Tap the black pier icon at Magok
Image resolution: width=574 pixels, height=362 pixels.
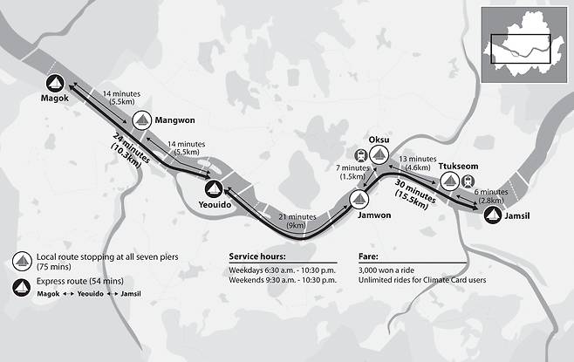55,84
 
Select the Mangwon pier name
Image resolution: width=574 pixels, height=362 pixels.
175,122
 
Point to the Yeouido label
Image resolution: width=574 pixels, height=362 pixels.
210,206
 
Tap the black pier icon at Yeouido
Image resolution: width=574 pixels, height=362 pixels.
212,188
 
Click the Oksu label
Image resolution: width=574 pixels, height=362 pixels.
379,139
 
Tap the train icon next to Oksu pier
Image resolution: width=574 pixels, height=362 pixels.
362,155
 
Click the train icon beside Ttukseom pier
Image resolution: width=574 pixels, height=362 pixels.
468,181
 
